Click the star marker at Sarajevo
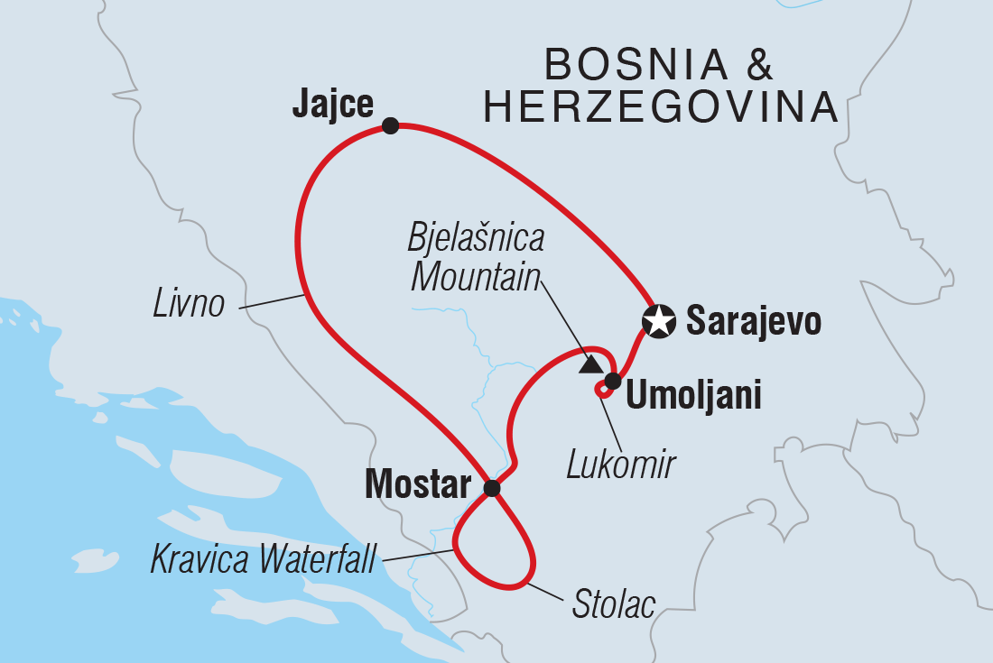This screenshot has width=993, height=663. pyautogui.click(x=659, y=320)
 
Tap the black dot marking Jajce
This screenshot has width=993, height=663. pyautogui.click(x=390, y=125)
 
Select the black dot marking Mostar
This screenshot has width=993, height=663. pyautogui.click(x=491, y=488)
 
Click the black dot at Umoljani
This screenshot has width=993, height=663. pyautogui.click(x=612, y=381)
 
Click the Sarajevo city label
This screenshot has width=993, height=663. pyautogui.click(x=753, y=320)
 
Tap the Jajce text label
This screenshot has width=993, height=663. pyautogui.click(x=332, y=106)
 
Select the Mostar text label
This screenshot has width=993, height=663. pyautogui.click(x=417, y=486)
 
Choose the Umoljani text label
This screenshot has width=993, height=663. pyautogui.click(x=693, y=395)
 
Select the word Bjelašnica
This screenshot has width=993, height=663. pyautogui.click(x=476, y=238)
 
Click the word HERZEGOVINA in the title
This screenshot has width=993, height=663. pyautogui.click(x=661, y=107)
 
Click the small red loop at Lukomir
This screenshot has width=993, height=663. pyautogui.click(x=600, y=389)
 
